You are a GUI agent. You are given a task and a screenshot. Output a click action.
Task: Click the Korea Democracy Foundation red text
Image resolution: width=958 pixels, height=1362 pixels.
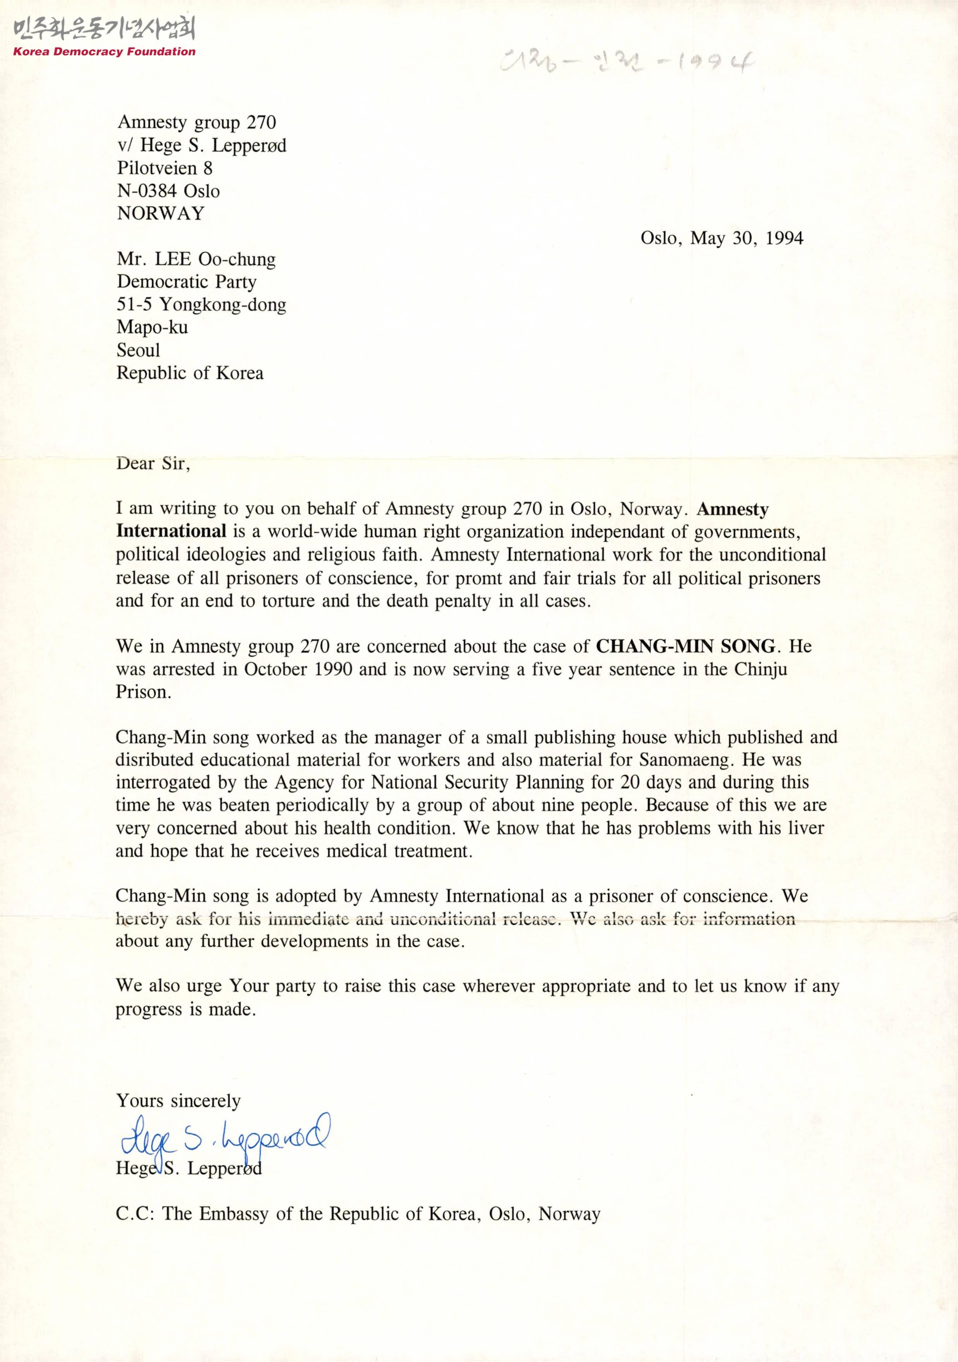point(105,51)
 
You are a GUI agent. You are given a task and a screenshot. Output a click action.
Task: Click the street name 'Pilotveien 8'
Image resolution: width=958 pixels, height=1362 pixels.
point(165,168)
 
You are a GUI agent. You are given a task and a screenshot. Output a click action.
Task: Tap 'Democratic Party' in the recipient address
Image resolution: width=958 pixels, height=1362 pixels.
point(186,282)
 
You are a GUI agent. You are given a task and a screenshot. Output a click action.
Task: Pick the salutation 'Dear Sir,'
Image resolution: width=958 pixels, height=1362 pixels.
point(153,463)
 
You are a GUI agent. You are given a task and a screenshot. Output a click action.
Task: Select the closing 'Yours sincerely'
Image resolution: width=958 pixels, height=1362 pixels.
point(178,1101)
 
